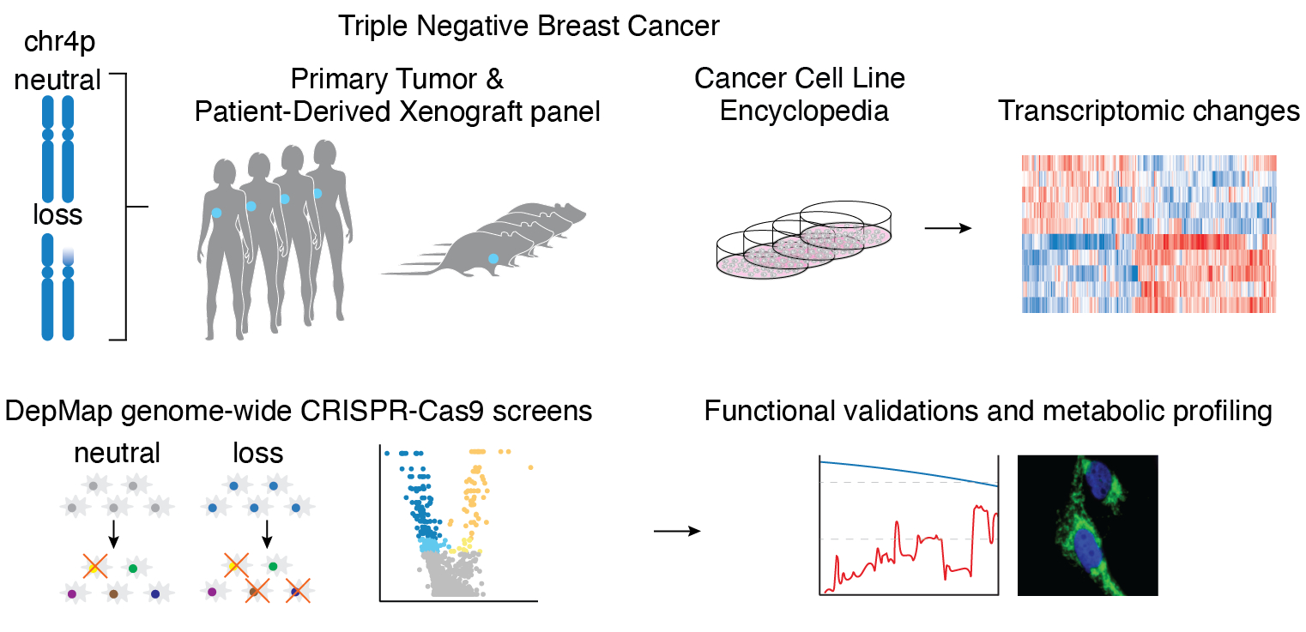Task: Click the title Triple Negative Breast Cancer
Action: coord(529,26)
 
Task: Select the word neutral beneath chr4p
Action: coord(57,80)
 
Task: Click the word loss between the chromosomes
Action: coord(57,214)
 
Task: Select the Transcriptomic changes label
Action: coord(1149,111)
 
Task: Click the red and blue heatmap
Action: coord(1149,233)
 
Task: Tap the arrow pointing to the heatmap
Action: coord(947,228)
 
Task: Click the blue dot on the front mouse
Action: coord(493,258)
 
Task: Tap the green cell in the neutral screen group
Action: coord(132,567)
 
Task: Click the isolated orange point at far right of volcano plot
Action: coord(531,467)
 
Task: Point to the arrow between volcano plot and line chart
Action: coord(676,531)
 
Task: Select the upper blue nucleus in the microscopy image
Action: coord(1097,485)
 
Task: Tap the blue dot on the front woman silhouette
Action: coord(216,213)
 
